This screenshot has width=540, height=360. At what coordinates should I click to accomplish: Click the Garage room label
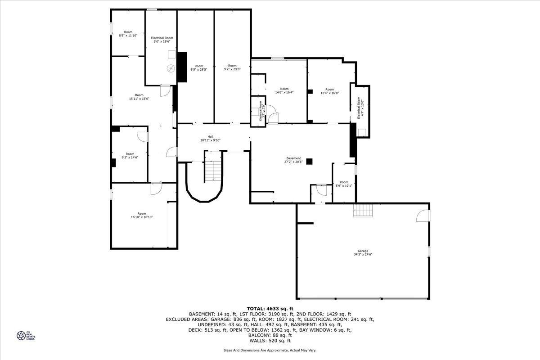point(363,252)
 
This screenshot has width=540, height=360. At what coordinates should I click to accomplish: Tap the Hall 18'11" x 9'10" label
point(210,139)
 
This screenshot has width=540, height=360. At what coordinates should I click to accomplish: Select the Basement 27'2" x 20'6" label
point(293,160)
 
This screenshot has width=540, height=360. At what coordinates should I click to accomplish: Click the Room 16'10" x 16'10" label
point(142,215)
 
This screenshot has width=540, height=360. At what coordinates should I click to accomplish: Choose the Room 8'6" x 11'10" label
point(128,34)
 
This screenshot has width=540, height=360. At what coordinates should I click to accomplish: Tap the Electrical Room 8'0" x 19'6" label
point(162,40)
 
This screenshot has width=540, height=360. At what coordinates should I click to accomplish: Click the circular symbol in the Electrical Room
point(171,68)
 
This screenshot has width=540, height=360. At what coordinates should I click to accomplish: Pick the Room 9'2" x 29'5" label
point(232,67)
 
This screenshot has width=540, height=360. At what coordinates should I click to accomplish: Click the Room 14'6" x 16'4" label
point(284,90)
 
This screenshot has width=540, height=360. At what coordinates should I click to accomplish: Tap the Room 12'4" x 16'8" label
point(330,91)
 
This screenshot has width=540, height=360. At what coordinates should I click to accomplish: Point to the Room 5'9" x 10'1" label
point(344,184)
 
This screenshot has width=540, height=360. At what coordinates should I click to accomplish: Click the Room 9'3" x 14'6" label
point(130,156)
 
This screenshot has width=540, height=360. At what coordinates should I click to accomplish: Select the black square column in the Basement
point(309,162)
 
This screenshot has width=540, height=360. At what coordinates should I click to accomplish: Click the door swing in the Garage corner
point(423,216)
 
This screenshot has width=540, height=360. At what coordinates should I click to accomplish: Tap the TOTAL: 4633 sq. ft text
point(270,308)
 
